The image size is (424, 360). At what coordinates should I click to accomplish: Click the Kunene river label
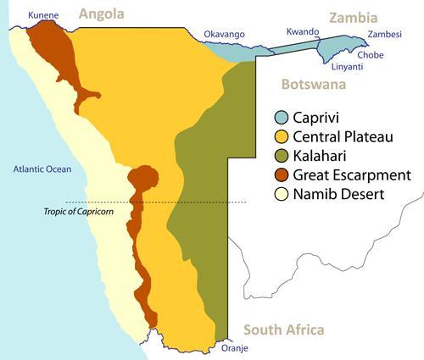point(43,15)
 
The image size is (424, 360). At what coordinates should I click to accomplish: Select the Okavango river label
point(224,34)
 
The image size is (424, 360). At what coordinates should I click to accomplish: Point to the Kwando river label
point(303,32)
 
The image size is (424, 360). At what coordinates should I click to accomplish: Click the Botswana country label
point(314,86)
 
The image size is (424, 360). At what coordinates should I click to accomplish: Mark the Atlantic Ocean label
point(42,170)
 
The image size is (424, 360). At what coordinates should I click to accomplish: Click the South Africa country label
point(283,330)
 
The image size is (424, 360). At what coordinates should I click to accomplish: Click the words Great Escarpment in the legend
point(354,176)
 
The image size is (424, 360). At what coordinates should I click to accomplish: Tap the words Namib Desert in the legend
point(341,196)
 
